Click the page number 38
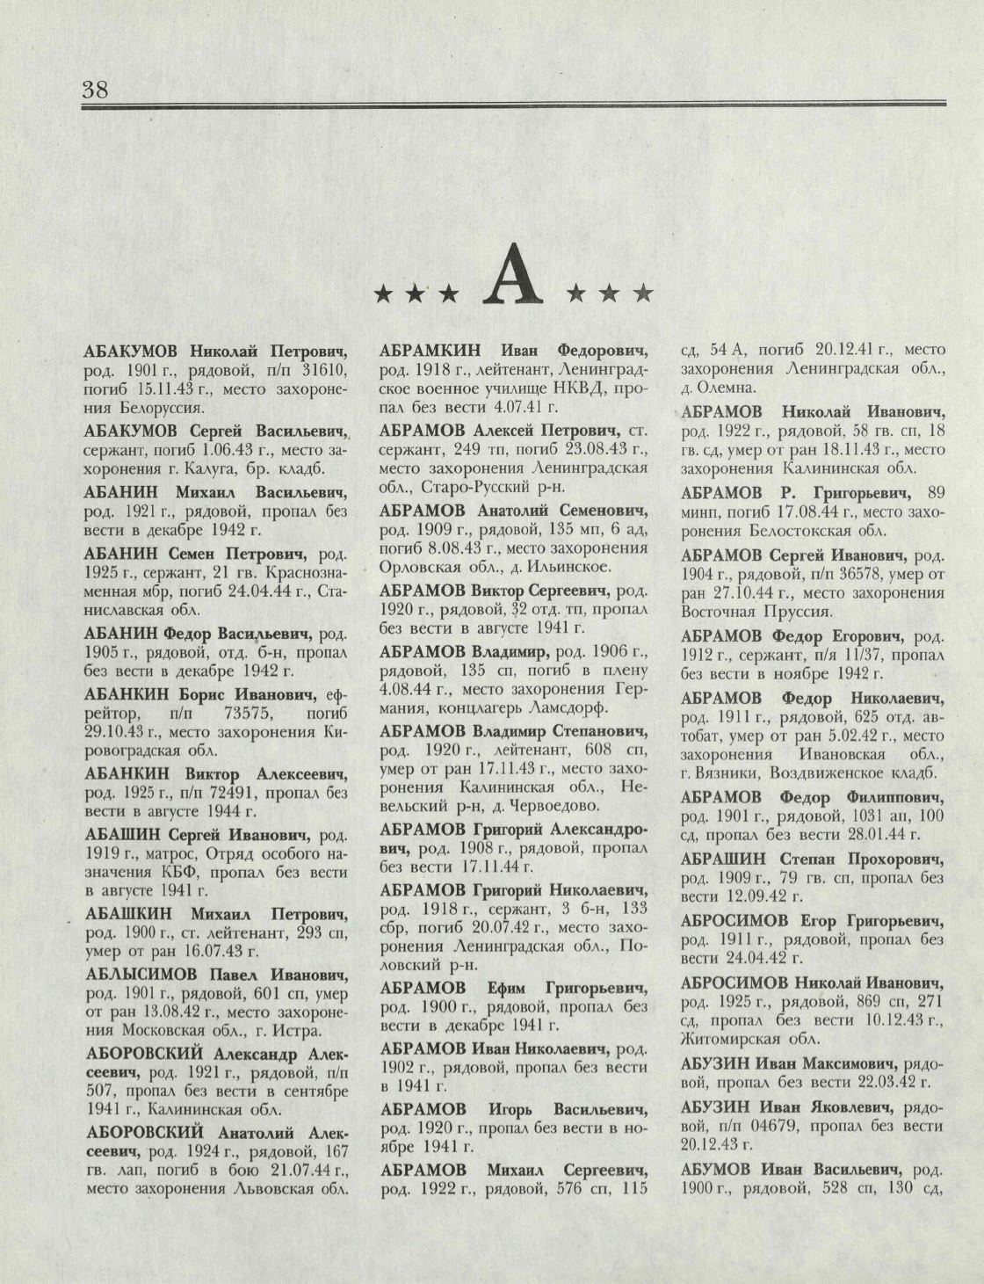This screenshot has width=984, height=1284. coord(95,89)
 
